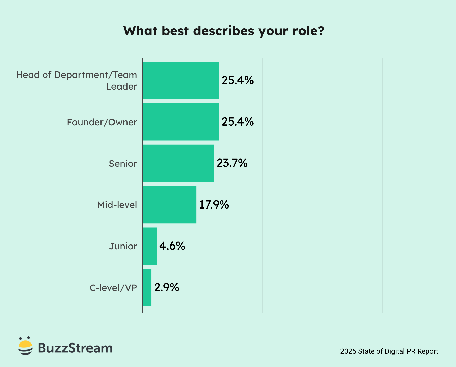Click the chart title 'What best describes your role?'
tap(224, 31)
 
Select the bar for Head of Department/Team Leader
tap(181, 80)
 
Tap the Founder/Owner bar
tap(181, 122)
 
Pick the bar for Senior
tap(178, 163)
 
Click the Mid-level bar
tap(169, 205)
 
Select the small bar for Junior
tap(149, 246)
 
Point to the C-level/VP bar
tap(147, 287)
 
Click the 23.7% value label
tap(232, 163)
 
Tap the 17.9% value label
tap(214, 205)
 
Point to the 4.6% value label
tap(172, 246)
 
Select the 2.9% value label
tap(167, 287)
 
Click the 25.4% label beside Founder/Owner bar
tap(237, 122)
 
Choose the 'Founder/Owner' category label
tap(102, 122)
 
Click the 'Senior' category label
tap(123, 164)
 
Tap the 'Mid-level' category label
tap(117, 205)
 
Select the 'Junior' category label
tap(123, 246)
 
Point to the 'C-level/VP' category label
tap(113, 288)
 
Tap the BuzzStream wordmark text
tap(75, 348)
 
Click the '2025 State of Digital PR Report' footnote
tap(389, 351)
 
